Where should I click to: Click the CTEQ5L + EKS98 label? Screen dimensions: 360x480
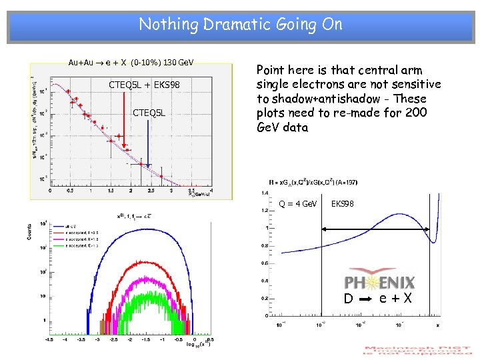145,85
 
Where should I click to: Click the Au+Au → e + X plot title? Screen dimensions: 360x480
131,63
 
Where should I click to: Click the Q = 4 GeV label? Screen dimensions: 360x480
298,203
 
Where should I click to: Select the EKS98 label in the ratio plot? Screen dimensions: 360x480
343,203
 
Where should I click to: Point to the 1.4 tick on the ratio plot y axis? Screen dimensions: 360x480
263,193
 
